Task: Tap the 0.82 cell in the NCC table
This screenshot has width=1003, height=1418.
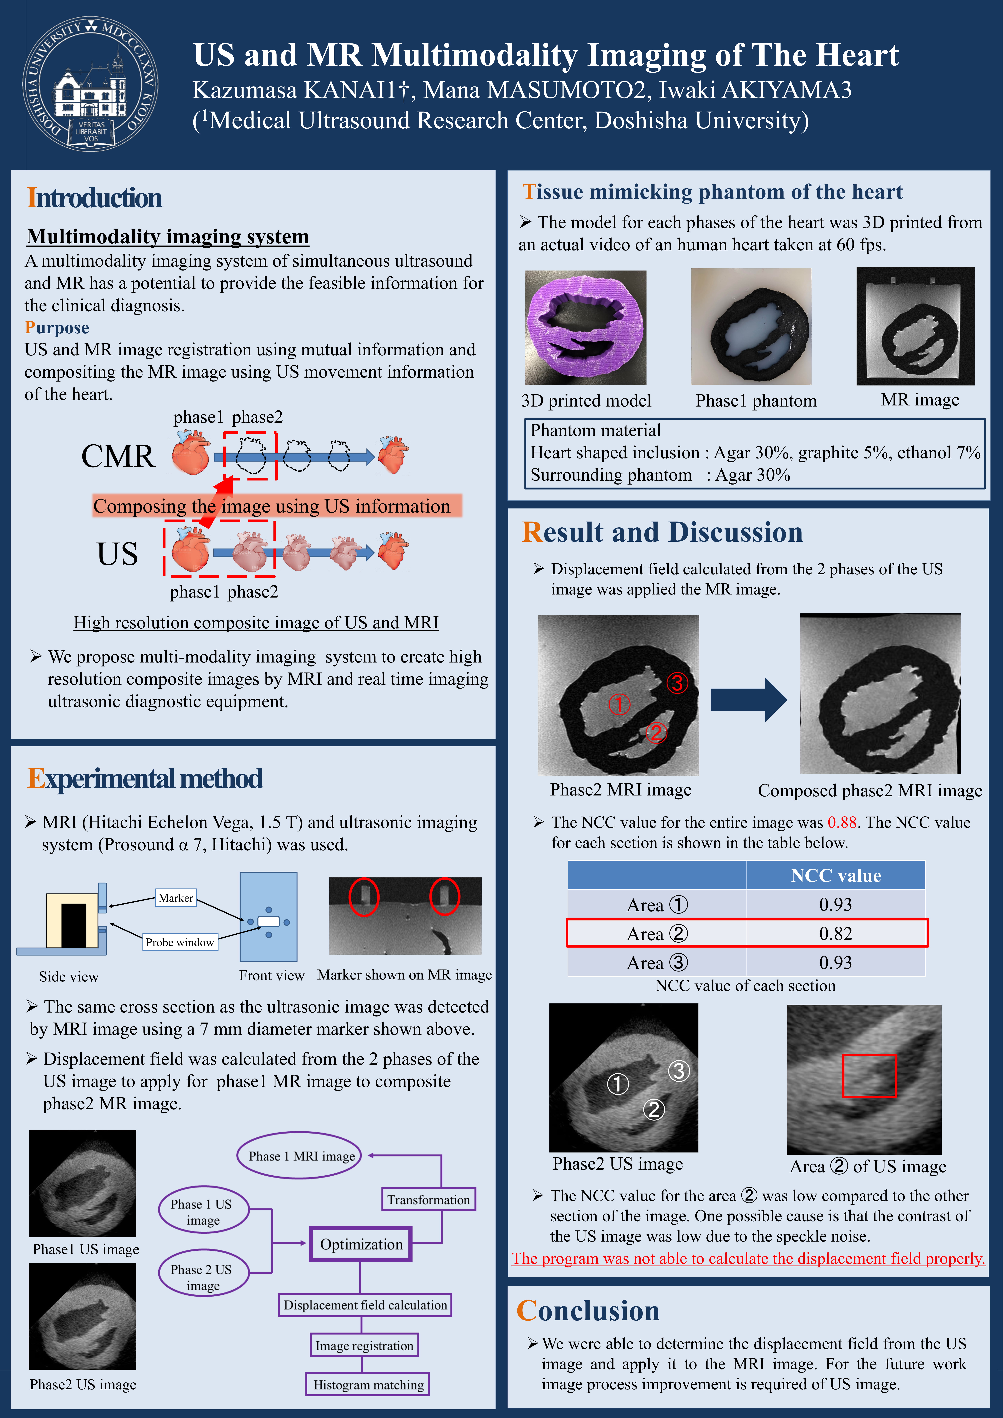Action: [x=836, y=933]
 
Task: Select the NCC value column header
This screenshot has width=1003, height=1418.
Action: [x=836, y=875]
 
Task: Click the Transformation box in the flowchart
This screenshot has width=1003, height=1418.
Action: [x=429, y=1199]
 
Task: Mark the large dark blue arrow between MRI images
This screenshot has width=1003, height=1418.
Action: [x=749, y=700]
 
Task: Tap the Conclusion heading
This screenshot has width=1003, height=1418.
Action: [x=588, y=1311]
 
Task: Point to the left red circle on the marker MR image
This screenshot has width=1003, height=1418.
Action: [x=364, y=897]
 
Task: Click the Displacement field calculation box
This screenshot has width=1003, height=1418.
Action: [x=365, y=1305]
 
